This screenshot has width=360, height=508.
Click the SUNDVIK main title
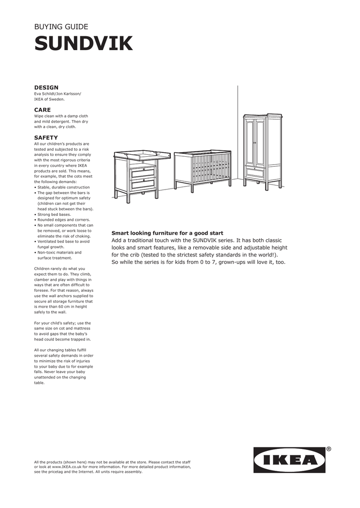pyautogui.click(x=83, y=44)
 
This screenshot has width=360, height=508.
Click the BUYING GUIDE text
pyautogui.click(x=61, y=27)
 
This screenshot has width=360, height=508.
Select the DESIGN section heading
pyautogui.click(x=46, y=87)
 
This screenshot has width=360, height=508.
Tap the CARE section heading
pyautogui.click(x=42, y=110)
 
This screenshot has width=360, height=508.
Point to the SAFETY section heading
pyautogui.click(x=46, y=137)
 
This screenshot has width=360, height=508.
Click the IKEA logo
pyautogui.click(x=289, y=460)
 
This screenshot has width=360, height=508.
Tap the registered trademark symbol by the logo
pyautogui.click(x=329, y=449)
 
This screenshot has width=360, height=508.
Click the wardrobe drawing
pyautogui.click(x=262, y=151)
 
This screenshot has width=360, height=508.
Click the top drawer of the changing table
pyautogui.click(x=143, y=173)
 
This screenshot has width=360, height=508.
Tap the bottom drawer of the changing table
pyautogui.click(x=143, y=184)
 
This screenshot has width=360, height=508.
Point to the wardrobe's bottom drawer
pyautogui.click(x=255, y=173)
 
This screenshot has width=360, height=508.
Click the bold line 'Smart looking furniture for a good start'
pyautogui.click(x=167, y=233)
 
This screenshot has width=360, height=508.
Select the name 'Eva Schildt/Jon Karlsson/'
pyautogui.click(x=57, y=94)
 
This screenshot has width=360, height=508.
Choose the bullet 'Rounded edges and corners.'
pyautogui.click(x=62, y=220)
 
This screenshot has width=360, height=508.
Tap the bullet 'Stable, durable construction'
pyautogui.click(x=64, y=188)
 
